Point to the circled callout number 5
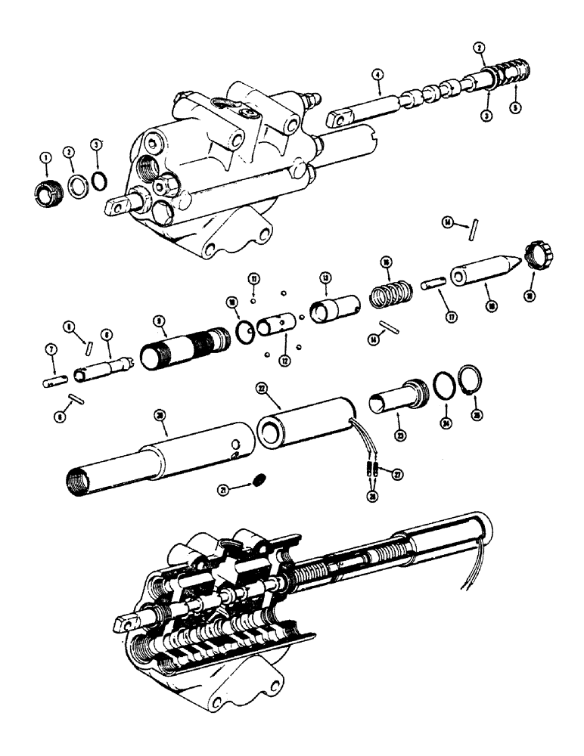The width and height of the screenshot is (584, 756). [x=516, y=107]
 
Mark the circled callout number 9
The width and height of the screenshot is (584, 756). [x=160, y=321]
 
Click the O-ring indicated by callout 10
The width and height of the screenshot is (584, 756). [x=244, y=331]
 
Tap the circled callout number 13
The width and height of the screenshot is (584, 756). [x=326, y=277]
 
